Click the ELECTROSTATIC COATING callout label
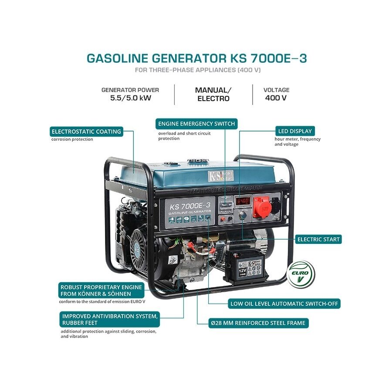click(86, 132)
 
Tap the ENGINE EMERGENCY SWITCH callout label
click(196, 124)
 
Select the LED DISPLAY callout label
click(295, 131)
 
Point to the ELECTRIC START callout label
click(318, 239)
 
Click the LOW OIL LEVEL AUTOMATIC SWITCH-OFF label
click(284, 304)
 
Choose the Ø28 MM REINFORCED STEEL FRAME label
click(259, 323)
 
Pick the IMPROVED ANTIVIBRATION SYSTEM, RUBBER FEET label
click(110, 319)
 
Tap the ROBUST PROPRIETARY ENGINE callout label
click(101, 291)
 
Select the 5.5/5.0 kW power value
click(131, 98)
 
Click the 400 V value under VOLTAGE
click(276, 98)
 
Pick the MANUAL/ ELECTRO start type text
click(213, 94)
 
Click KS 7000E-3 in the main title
click(270, 58)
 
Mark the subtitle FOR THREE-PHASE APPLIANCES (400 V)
click(197, 70)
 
